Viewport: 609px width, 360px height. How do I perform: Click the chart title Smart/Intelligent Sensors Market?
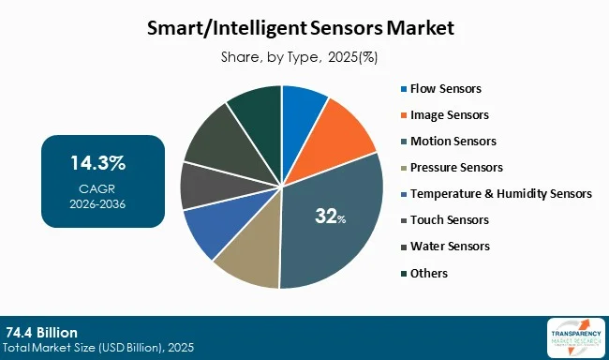tap(304, 28)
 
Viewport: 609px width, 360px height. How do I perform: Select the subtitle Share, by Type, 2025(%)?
tap(304, 57)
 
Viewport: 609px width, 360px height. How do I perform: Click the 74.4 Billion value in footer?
tap(41, 333)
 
